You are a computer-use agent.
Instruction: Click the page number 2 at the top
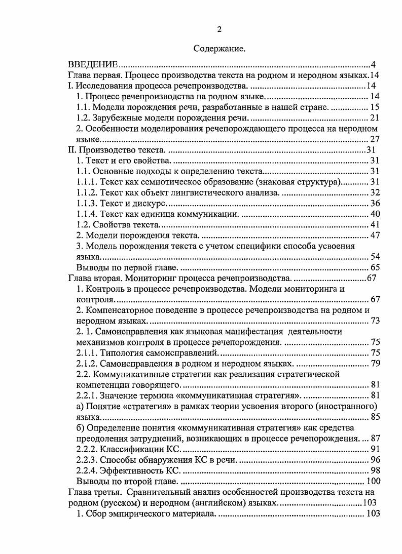tap(219, 29)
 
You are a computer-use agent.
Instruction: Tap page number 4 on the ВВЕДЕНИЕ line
tap(373, 65)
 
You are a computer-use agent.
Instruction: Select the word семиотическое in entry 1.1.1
tap(170, 182)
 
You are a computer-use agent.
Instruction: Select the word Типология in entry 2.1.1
tap(121, 353)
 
